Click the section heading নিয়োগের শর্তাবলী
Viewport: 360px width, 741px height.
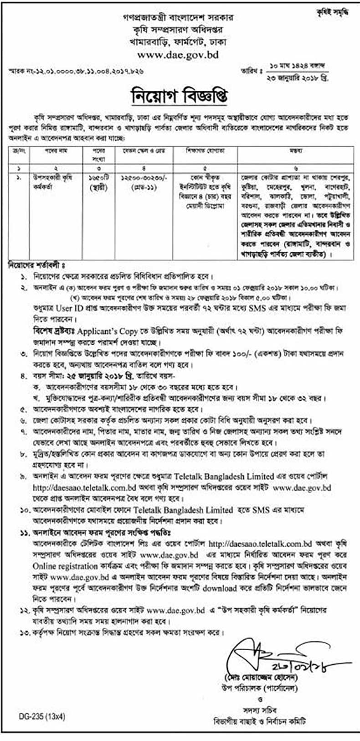[x=36, y=264]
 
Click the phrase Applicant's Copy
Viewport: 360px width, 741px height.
[x=110, y=331]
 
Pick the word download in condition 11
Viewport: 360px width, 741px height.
[x=219, y=588]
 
